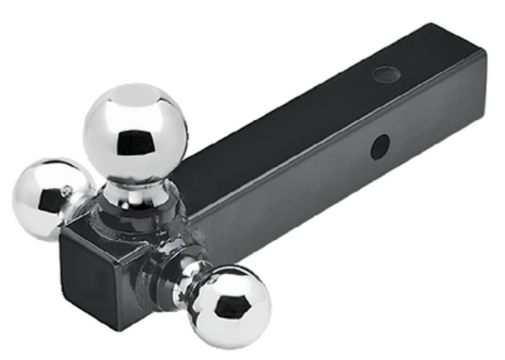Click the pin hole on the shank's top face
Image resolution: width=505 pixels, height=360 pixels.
tap(386, 74)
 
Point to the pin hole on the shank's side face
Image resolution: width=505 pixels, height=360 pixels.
tap(380, 147)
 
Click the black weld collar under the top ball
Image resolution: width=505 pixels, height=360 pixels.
tap(136, 216)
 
